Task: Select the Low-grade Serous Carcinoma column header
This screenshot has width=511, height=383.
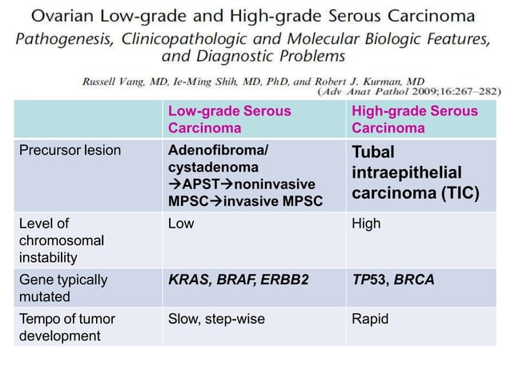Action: (x=229, y=119)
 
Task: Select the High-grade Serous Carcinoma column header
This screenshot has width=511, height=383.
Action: (x=414, y=119)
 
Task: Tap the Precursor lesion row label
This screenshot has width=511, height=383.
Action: (x=70, y=151)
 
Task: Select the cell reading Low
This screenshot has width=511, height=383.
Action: (x=180, y=224)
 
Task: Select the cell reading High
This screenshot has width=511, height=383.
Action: (x=366, y=224)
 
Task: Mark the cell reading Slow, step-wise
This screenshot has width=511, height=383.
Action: (x=216, y=319)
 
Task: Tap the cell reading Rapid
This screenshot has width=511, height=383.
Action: (x=370, y=319)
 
